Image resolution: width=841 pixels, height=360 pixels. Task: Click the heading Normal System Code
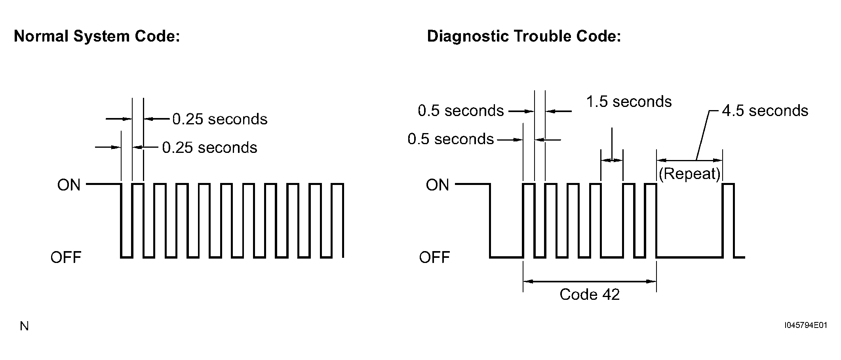point(97,36)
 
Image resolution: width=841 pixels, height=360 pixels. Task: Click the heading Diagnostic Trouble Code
point(524,36)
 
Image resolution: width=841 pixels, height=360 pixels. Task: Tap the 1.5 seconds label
point(629,102)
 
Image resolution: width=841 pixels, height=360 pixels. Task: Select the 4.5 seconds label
point(765,111)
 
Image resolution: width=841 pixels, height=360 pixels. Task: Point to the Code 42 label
point(590,294)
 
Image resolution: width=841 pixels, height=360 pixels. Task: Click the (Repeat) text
point(690,174)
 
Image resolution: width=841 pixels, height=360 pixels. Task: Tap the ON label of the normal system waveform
point(69,185)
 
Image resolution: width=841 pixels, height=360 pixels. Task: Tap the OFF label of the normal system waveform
point(66,257)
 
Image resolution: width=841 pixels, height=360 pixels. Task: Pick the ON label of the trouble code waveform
point(438,185)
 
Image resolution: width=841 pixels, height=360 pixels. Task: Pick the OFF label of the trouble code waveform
point(434,257)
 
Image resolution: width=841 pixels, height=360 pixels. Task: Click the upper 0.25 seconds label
point(220,119)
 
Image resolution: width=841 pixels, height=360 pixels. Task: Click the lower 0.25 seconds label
point(209,148)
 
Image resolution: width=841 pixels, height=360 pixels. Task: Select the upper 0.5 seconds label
point(461,111)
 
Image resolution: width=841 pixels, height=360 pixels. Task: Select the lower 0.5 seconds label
point(451,139)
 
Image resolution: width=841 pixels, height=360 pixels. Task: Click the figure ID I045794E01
point(806,326)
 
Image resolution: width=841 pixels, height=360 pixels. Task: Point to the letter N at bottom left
point(24,326)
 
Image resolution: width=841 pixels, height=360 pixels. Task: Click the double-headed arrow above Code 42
point(590,282)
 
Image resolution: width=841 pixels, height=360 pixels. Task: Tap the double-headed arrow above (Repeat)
point(690,160)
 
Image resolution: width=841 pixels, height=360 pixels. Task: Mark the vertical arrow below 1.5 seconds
point(612,145)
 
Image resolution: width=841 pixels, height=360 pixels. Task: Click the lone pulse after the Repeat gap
point(729,184)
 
